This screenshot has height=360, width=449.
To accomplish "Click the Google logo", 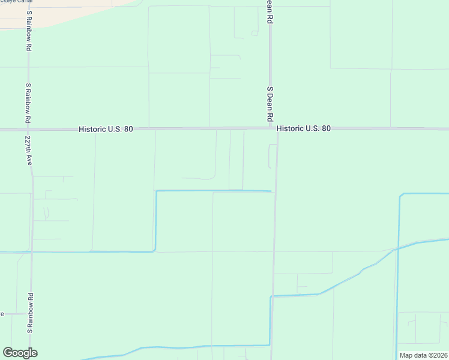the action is (x=20, y=353).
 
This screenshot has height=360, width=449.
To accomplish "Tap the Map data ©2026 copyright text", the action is (x=424, y=355).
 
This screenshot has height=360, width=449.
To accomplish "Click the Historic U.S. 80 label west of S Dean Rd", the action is (x=106, y=129).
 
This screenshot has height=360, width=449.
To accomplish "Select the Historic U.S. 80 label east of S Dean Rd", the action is (x=304, y=128).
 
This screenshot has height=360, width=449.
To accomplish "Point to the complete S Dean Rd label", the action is (x=270, y=103).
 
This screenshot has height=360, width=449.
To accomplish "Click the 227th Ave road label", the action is (x=28, y=150).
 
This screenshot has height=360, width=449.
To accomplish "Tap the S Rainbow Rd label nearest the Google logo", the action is (x=29, y=313).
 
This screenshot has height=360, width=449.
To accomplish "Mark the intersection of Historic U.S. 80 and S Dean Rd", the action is (x=271, y=128).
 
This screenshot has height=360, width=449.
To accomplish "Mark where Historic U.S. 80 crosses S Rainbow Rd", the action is (x=28, y=129).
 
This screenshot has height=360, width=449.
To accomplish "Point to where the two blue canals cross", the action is (x=397, y=248).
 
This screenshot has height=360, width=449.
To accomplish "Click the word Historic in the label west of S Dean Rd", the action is (x=91, y=129).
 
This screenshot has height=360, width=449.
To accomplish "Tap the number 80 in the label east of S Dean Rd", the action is (x=326, y=128).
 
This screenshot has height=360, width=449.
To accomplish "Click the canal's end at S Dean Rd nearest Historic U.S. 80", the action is (x=271, y=191).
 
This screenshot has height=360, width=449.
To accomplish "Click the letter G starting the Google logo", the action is (x=8, y=353).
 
